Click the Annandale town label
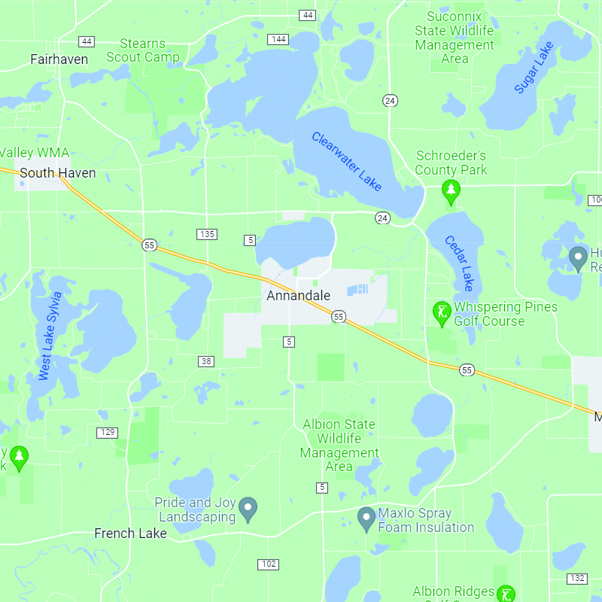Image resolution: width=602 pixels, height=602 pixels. click(298, 296)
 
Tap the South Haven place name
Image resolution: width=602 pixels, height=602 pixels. click(58, 173)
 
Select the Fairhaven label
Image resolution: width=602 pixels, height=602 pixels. click(59, 59)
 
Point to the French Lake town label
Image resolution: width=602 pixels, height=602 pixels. click(130, 534)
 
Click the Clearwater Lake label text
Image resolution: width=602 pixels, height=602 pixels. click(347, 161)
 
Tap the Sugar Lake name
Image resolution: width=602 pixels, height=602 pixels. click(534, 68)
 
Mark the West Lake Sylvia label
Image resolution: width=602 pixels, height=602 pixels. click(50, 335)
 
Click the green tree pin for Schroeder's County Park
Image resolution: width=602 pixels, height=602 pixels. click(451, 192)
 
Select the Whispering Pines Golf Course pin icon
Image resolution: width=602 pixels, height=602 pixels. click(442, 313)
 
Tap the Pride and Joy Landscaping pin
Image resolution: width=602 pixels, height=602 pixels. click(248, 509)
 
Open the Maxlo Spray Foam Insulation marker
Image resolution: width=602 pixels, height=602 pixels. click(366, 518)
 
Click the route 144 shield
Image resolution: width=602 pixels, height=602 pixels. click(278, 39)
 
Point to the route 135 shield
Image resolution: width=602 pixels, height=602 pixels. click(208, 234)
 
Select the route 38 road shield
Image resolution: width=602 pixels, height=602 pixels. click(206, 362)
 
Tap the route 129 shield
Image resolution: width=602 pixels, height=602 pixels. click(107, 432)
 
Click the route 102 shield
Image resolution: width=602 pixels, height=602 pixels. click(268, 564)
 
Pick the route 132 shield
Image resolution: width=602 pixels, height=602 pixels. click(577, 578)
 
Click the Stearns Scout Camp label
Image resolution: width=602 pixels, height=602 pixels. click(143, 50)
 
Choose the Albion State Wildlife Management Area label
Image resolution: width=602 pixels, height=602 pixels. click(339, 445)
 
